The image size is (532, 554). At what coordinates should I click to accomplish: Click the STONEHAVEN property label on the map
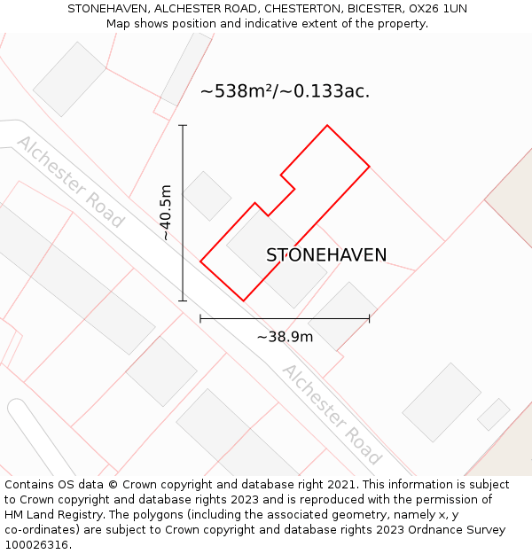(x=326, y=255)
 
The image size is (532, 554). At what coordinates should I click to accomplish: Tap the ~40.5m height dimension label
(x=166, y=213)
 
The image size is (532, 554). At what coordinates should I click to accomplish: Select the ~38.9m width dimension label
(x=285, y=337)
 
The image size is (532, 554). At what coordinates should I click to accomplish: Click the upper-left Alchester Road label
(x=71, y=182)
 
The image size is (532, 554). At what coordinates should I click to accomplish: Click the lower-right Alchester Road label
(x=332, y=414)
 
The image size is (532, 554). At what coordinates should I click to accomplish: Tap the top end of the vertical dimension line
(x=183, y=126)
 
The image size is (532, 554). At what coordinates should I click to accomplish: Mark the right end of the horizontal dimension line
(x=369, y=318)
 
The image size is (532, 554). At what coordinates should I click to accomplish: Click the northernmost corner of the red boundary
(x=327, y=126)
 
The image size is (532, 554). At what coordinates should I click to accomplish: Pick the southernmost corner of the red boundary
(x=243, y=300)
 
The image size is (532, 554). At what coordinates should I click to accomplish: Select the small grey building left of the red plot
(x=207, y=196)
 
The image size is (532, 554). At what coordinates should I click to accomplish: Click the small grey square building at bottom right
(x=493, y=414)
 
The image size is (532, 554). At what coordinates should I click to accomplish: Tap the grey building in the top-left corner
(x=69, y=79)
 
